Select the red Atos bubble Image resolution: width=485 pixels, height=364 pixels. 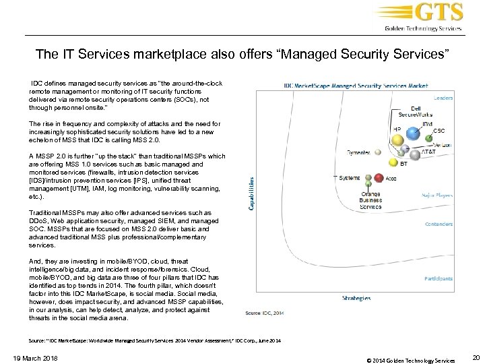point(379,178)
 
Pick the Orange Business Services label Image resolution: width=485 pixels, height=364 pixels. point(370,200)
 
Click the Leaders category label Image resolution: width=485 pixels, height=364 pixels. point(443,97)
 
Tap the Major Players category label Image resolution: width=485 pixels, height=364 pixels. point(438,195)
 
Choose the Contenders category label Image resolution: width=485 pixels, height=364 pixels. point(439,224)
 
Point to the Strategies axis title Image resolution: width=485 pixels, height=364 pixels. point(356,297)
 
